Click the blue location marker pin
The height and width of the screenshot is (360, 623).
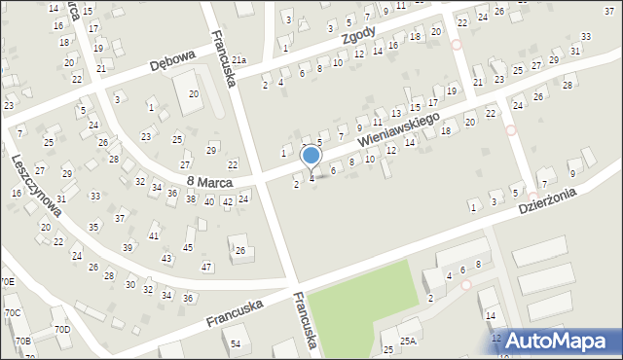[x=311, y=156]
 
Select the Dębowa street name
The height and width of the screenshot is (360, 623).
[x=173, y=64]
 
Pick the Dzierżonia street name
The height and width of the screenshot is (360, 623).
[x=547, y=200]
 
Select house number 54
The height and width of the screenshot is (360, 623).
[x=236, y=343]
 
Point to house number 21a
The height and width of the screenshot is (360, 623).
[x=238, y=60]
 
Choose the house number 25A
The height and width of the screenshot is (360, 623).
[x=407, y=341]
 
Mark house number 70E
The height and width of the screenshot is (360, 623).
[x=7, y=282]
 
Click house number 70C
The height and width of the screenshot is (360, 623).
[x=12, y=313]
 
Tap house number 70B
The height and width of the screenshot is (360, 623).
[x=22, y=342]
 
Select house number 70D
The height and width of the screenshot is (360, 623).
[x=62, y=330]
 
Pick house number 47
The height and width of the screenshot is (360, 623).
[x=205, y=267]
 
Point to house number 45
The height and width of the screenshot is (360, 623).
[x=188, y=248]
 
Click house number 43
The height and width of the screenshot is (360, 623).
[x=166, y=258]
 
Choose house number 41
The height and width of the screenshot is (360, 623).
[x=153, y=236]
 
